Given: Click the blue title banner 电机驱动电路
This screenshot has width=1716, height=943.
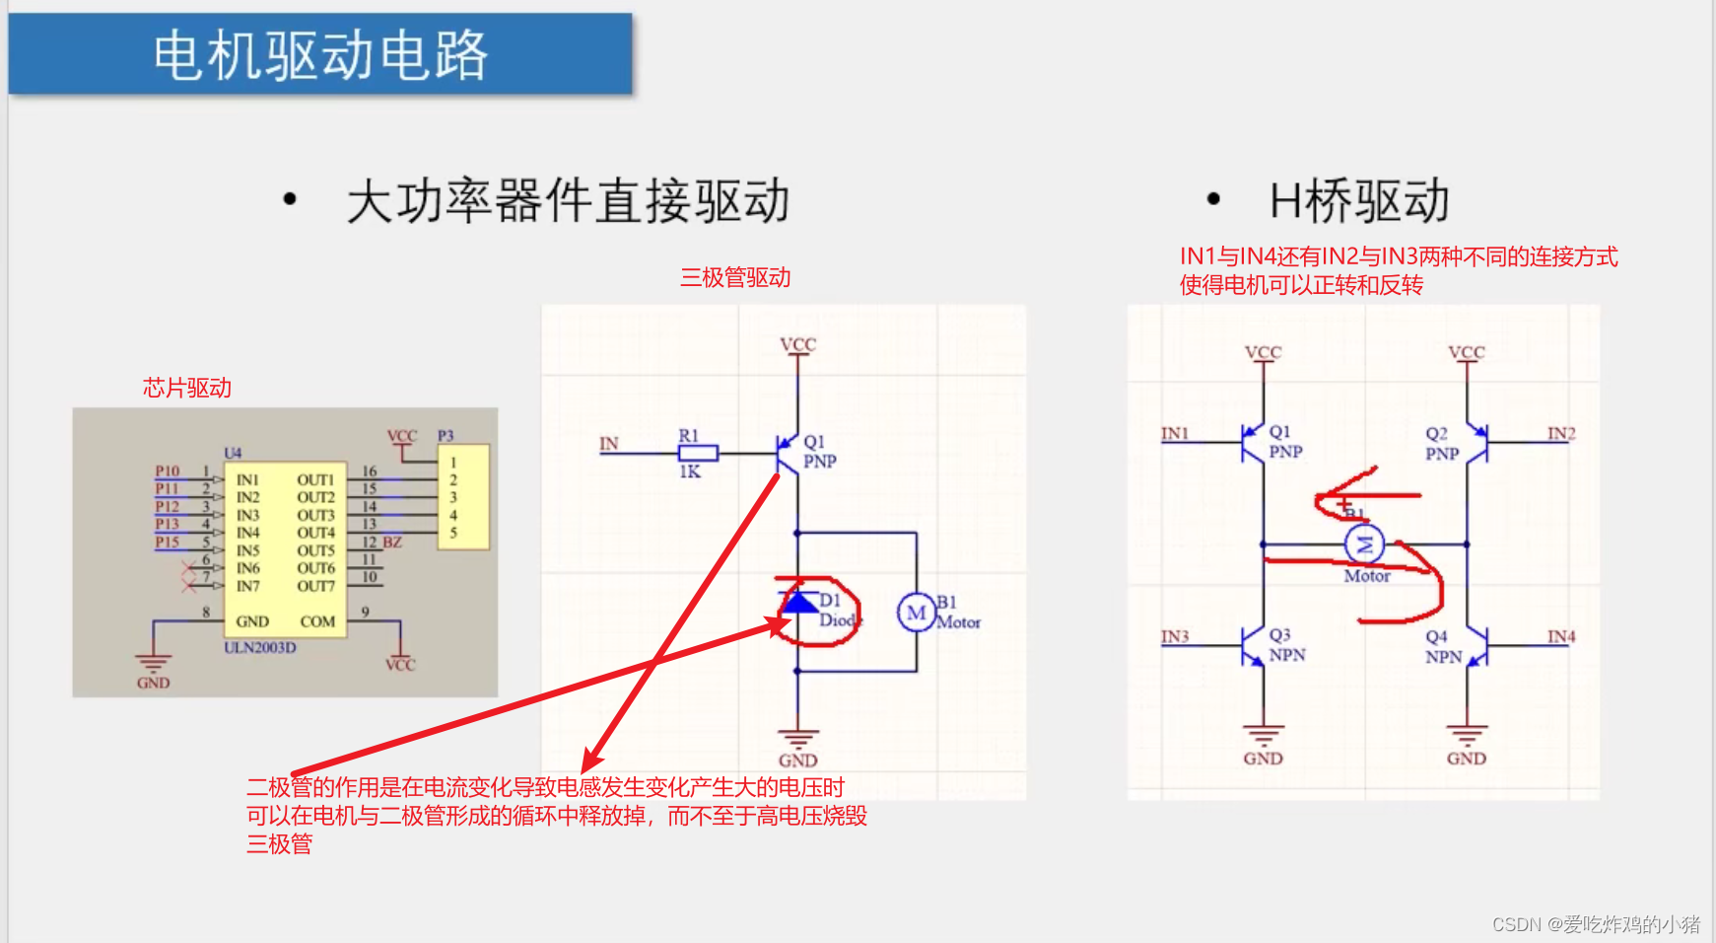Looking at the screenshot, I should (x=320, y=54).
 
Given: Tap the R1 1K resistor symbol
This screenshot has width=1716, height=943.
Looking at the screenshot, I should (x=698, y=454).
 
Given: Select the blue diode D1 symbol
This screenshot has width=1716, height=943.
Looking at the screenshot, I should (x=798, y=601).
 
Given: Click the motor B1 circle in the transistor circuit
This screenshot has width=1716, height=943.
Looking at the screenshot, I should (x=916, y=613).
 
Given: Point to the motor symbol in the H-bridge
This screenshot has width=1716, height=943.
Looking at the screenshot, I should (x=1365, y=544).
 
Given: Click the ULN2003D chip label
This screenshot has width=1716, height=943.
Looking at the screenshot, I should (x=259, y=648).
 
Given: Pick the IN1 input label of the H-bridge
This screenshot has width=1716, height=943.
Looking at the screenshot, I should (x=1175, y=433).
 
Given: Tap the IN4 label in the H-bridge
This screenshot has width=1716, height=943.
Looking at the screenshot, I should (x=1561, y=636).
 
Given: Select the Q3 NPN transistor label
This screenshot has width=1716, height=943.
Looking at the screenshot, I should (x=1286, y=645).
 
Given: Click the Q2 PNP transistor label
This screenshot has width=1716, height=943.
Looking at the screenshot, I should (x=1441, y=444).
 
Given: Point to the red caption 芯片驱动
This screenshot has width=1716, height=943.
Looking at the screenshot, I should (x=187, y=388).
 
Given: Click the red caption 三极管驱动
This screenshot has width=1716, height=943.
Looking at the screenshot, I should (x=735, y=278).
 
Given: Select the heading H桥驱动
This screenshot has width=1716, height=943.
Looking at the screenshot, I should (x=1359, y=201).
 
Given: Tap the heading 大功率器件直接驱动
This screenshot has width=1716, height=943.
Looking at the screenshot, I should (x=568, y=201).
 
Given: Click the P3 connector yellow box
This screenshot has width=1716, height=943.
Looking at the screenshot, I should (x=463, y=497).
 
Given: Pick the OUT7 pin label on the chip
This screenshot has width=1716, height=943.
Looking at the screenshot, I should (x=315, y=586).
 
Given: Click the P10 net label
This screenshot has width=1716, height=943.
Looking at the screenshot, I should (x=168, y=471).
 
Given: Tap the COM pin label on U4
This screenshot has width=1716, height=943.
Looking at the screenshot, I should (x=317, y=621).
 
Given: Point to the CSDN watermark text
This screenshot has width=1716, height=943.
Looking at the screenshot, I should (x=1596, y=924).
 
